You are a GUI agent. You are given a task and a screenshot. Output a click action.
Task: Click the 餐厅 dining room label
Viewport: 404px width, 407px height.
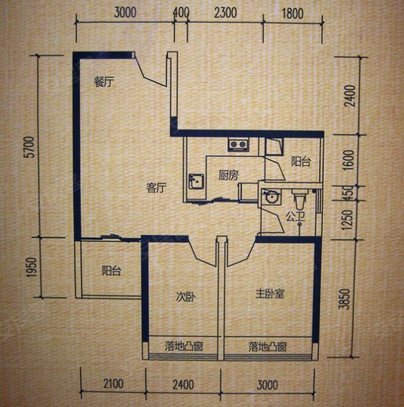104,82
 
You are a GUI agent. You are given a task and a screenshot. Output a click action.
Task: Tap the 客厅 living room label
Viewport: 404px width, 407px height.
156,188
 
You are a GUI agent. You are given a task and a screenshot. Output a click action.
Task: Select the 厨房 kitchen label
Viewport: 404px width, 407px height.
228,176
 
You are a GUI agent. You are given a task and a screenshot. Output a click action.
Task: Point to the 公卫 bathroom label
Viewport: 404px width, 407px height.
295,216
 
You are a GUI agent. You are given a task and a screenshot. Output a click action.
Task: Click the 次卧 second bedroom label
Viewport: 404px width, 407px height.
186,297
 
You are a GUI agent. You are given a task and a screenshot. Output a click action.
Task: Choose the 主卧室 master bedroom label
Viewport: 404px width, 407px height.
270,294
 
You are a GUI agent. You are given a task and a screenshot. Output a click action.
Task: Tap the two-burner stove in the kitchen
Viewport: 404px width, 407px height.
238,144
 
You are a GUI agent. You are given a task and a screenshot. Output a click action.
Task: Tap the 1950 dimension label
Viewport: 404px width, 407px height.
32,267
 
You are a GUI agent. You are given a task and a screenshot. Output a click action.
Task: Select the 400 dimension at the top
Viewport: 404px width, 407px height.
181,12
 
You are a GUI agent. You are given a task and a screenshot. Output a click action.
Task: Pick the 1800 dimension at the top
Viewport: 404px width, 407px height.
293,14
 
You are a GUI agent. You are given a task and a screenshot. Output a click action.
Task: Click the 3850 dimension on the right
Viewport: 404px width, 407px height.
346,298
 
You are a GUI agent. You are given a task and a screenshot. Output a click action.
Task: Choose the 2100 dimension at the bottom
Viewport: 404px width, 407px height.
113,384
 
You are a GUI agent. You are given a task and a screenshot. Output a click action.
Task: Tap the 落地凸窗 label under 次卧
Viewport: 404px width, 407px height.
184,346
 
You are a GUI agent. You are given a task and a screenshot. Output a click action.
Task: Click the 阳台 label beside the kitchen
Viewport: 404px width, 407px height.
301,161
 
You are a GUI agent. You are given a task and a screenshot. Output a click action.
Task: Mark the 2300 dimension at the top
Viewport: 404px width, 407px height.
225,13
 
